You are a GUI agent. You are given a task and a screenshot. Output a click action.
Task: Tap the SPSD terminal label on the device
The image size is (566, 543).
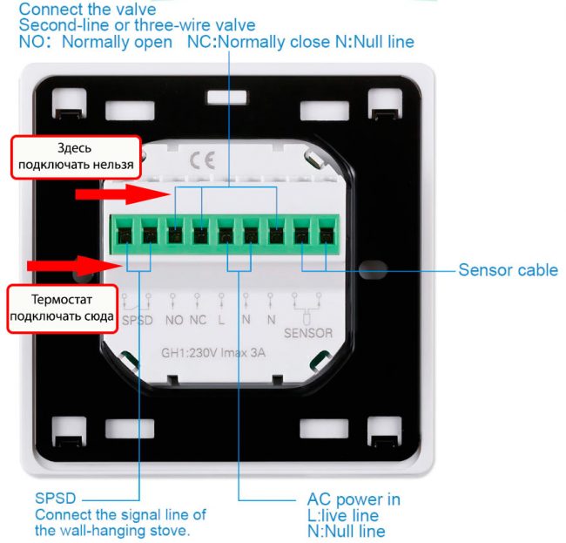coord(138,320)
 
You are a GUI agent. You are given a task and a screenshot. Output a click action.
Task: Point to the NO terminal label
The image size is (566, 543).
coord(174,320)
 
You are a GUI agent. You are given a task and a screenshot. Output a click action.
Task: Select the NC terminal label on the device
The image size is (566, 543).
coord(199,320)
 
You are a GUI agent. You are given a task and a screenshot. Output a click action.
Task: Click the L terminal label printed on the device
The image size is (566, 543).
coord(221,320)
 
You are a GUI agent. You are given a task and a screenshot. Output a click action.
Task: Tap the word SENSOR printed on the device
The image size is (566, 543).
coord(308,332)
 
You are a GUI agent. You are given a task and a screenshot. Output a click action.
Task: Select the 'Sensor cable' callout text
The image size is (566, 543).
coord(508,270)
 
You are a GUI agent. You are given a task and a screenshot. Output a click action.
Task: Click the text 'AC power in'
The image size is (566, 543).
coord(354,499)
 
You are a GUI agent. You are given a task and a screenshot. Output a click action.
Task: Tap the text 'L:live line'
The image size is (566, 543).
coord(342,515)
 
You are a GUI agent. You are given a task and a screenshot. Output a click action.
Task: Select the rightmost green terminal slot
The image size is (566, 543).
coord(326,234)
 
